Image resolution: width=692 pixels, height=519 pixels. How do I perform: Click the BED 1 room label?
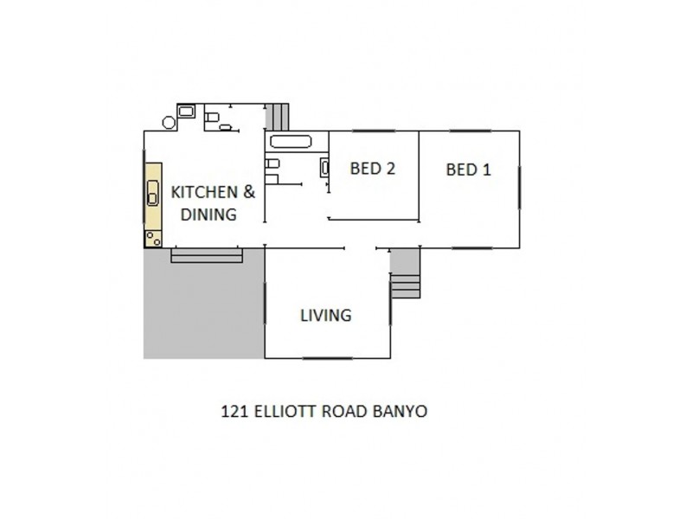point(468,170)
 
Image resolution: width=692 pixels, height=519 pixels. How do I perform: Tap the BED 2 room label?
point(372,169)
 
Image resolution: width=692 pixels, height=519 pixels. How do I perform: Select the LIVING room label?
point(325,315)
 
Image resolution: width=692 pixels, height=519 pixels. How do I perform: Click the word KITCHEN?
point(204,192)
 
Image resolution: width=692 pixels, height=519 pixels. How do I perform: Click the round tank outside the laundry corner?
point(169,122)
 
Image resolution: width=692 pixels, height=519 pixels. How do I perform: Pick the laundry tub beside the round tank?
point(186,111)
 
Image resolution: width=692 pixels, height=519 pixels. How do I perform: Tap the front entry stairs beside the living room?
point(404,275)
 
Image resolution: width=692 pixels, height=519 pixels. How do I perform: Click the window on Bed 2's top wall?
point(373,131)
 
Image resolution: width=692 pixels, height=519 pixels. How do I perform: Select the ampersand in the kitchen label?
point(249,192)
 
